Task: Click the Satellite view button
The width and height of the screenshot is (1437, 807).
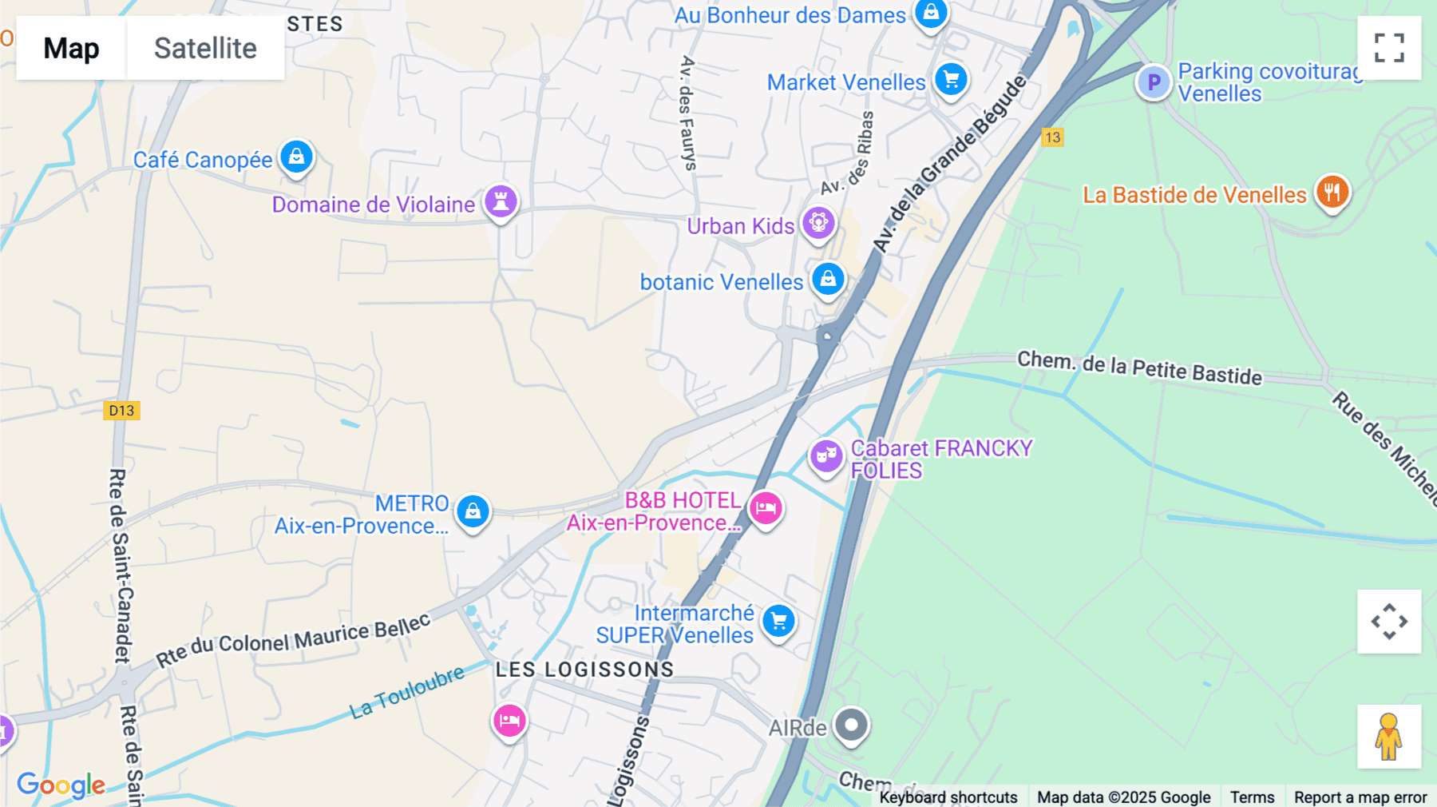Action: tap(205, 48)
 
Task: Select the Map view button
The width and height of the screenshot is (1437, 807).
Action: tap(71, 48)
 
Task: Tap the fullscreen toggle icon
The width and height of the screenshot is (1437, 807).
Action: tap(1389, 48)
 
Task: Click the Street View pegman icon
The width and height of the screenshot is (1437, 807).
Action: tap(1389, 737)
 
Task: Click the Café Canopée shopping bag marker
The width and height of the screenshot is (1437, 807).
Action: tap(296, 157)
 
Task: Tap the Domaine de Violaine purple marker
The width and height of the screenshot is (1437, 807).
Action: tap(501, 201)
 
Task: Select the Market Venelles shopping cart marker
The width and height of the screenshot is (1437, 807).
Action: tap(951, 79)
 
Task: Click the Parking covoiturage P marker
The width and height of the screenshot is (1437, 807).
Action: tap(1154, 81)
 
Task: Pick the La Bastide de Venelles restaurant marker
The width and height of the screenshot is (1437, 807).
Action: tap(1332, 193)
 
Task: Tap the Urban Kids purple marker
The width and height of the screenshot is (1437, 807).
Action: tap(818, 223)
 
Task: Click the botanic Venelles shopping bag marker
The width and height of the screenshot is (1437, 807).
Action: tap(828, 280)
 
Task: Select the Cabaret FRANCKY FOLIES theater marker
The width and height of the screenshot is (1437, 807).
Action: tap(826, 456)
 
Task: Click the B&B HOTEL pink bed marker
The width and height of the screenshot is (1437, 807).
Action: tap(766, 508)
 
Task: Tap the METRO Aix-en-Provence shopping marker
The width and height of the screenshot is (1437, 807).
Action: tap(473, 510)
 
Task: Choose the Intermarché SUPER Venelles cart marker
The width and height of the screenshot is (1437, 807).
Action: tap(778, 621)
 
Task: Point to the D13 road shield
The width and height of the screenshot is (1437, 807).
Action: tap(121, 411)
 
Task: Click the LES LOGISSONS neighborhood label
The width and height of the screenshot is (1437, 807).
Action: tap(584, 670)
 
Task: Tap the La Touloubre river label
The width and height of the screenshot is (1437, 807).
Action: tap(407, 692)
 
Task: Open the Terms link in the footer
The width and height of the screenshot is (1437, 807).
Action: tap(1252, 797)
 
